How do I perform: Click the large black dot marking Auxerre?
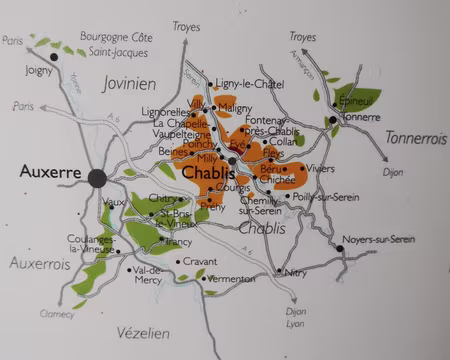click(x=97, y=178)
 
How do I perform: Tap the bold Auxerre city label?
click(x=49, y=172)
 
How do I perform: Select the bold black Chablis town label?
click(x=210, y=173)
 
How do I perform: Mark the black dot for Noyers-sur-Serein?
click(x=341, y=248)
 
